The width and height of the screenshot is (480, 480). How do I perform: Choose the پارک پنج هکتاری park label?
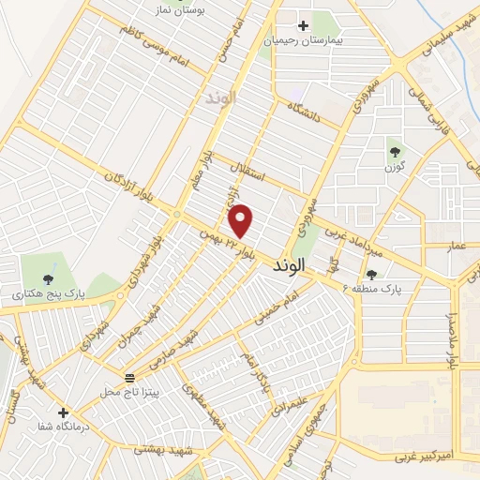tap(48, 293)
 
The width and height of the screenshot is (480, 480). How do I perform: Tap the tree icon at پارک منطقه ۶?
tap(372, 275)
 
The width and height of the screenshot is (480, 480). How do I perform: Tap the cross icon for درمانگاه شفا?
tap(63, 412)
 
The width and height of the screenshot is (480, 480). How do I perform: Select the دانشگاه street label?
tap(305, 117)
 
